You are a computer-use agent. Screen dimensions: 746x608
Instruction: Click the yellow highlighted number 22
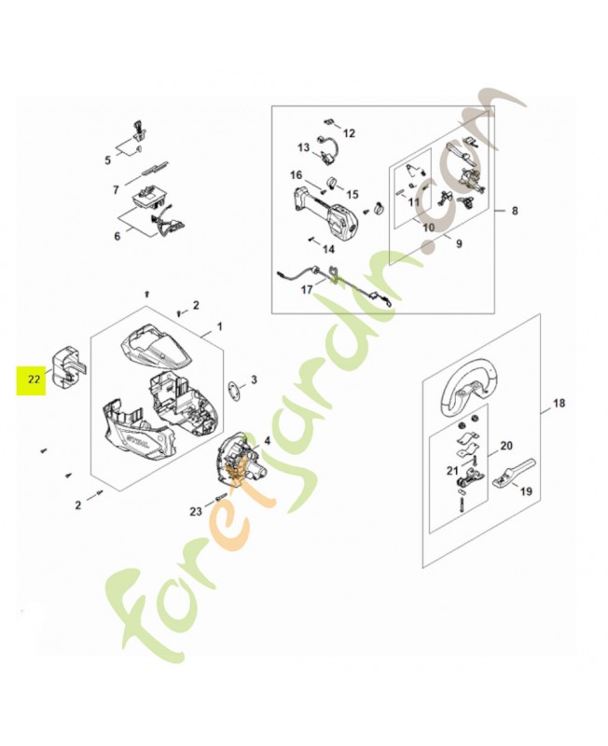34,380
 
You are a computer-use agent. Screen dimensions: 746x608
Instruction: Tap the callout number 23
195,512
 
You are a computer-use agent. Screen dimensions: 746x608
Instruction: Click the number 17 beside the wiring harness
308,289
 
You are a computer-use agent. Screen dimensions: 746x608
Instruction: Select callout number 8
514,212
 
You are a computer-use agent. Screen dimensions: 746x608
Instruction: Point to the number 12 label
350,134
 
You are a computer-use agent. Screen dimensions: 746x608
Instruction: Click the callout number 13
303,147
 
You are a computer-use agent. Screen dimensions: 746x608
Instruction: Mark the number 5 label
108,159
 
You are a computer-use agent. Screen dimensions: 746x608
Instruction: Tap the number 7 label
116,189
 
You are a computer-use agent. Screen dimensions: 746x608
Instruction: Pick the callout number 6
117,236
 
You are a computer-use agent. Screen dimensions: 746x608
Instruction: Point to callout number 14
328,249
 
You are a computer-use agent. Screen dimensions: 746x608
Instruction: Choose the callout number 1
220,328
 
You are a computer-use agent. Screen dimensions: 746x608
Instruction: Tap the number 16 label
296,175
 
